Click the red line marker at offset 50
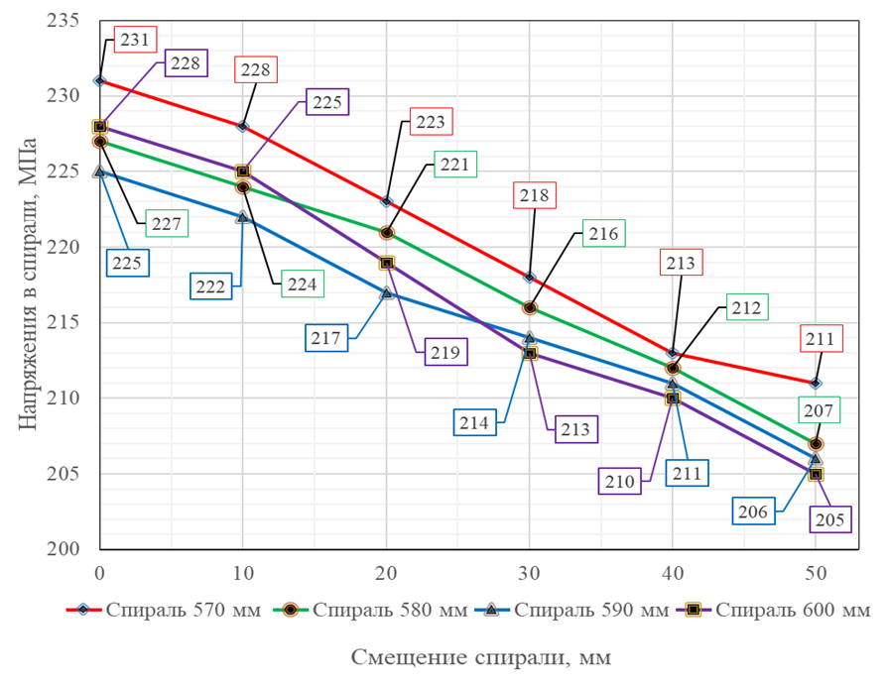coord(816,383)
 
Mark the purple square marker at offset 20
coord(387,263)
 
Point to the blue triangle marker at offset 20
coord(387,292)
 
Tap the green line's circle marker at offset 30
coord(530,308)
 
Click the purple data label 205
coord(830,516)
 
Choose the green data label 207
coord(818,408)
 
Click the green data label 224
coord(302,285)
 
